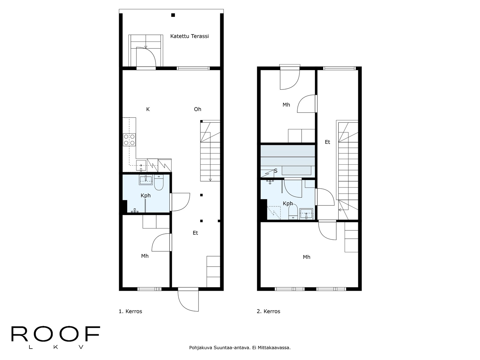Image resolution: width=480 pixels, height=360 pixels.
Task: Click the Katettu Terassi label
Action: [x=189, y=36]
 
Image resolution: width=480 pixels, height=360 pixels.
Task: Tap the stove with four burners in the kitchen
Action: [x=129, y=140]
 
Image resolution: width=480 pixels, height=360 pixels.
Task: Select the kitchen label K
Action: [x=148, y=109]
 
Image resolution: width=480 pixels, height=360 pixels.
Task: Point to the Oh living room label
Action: [x=197, y=109]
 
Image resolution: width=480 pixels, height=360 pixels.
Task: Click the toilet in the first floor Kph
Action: [x=159, y=182]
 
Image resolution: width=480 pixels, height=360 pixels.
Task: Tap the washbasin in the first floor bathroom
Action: [x=145, y=180]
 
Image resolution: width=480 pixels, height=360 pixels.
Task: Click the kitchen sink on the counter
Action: [x=141, y=166]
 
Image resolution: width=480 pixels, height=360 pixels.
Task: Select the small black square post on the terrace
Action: [x=173, y=15]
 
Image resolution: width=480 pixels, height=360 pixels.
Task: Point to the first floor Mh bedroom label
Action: [x=145, y=256]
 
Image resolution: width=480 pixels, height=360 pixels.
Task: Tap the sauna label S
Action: [x=276, y=171]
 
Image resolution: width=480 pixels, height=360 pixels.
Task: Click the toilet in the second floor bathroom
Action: [x=293, y=212]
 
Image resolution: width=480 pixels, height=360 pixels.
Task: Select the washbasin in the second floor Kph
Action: [x=306, y=214]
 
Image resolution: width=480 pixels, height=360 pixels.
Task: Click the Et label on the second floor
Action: [x=327, y=142]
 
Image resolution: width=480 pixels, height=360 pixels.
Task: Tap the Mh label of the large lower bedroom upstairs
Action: [x=306, y=257]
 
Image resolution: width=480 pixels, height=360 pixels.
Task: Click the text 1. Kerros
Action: [x=130, y=311]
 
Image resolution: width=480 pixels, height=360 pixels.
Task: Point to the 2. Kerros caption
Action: [x=268, y=311]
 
